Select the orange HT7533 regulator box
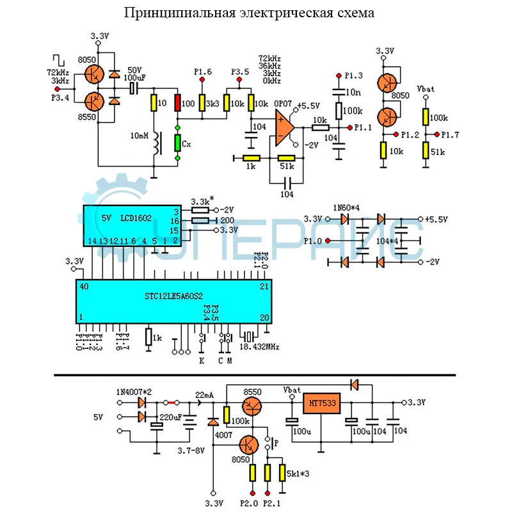[x=322, y=404]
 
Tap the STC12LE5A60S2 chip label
[x=172, y=296]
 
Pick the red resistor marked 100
[x=178, y=102]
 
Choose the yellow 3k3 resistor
[x=202, y=103]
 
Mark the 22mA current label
[x=205, y=394]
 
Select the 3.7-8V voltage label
[x=190, y=451]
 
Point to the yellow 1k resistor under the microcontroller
[x=148, y=337]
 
